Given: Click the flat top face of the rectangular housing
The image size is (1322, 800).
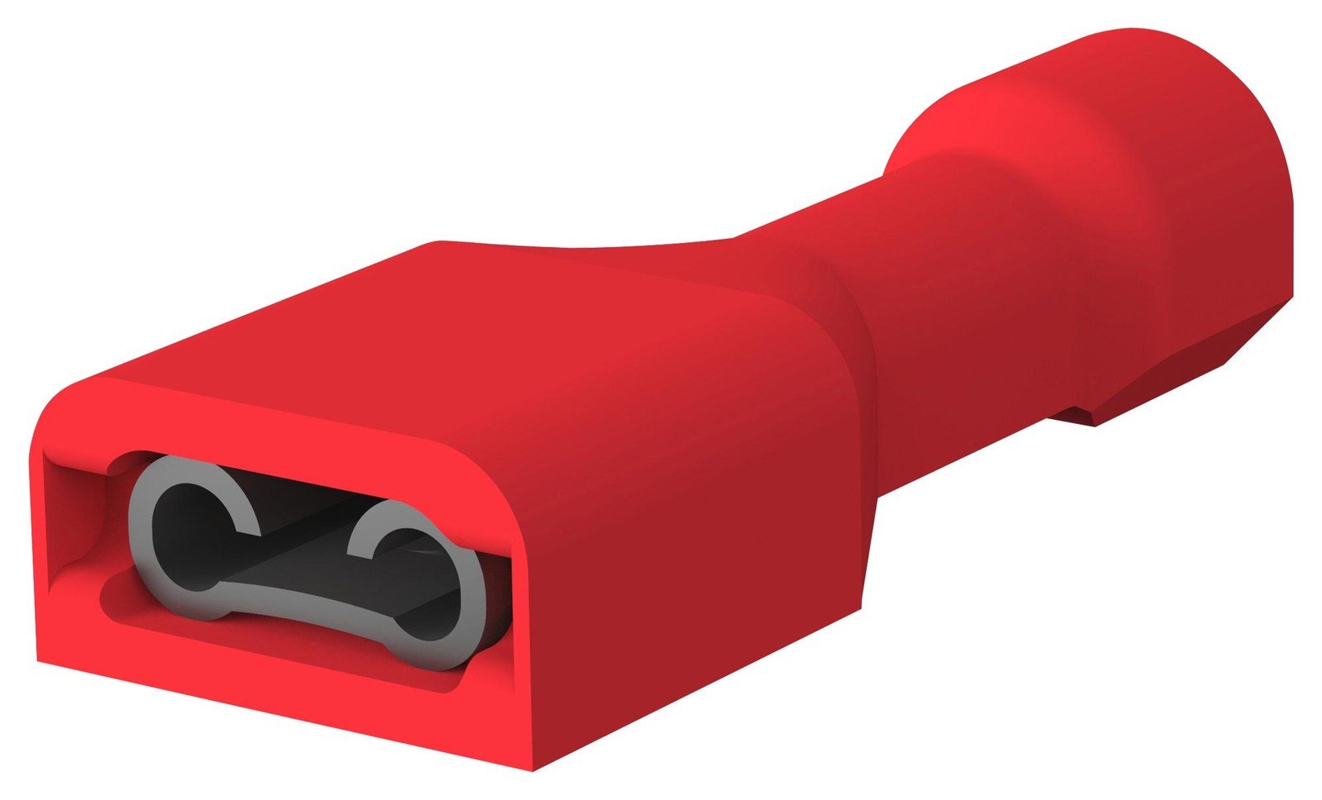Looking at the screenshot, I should click(x=463, y=331).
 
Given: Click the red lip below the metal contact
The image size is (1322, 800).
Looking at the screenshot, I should click(x=273, y=653).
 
